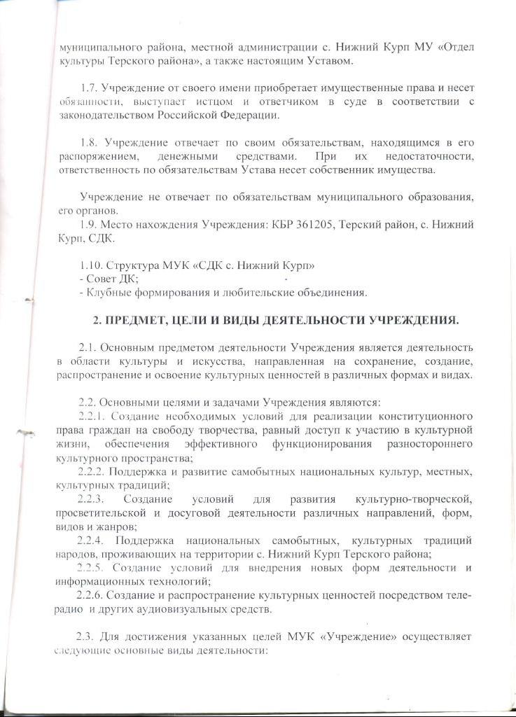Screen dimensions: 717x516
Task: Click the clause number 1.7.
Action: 89,89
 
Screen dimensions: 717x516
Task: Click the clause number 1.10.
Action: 92,266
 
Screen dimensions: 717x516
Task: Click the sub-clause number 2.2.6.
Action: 91,595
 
